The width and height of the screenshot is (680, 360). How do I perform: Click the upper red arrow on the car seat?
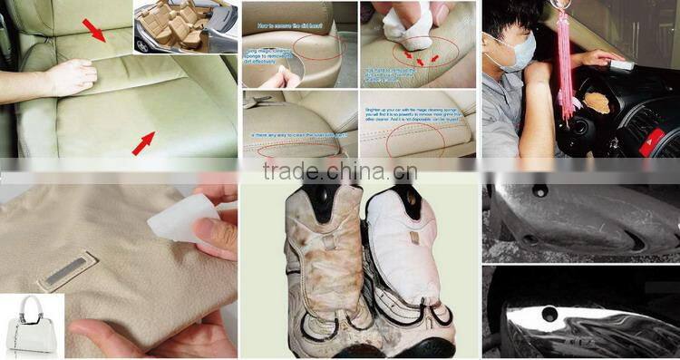click(x=93, y=31)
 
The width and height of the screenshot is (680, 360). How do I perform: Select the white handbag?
click(x=32, y=324)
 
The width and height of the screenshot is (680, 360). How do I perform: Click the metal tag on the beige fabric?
click(x=67, y=271)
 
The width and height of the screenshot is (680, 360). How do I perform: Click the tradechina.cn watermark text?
click(x=339, y=171)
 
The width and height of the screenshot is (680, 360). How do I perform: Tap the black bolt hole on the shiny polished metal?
click(x=550, y=315)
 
